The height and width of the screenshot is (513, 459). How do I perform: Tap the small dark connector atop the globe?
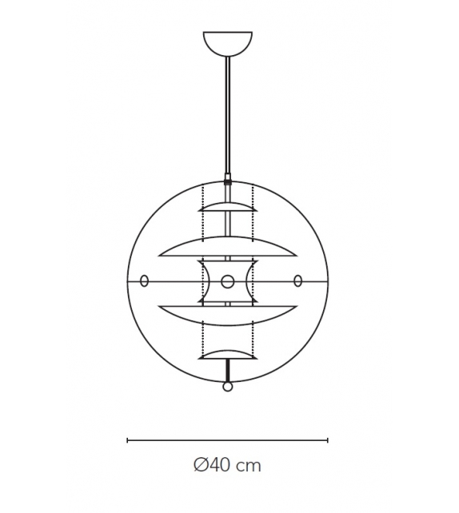click(228, 181)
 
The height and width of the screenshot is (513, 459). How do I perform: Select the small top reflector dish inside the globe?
click(228, 208)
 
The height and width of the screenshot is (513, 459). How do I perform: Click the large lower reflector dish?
click(228, 311)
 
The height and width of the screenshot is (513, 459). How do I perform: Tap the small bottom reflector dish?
click(228, 354)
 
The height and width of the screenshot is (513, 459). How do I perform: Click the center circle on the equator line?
click(228, 281)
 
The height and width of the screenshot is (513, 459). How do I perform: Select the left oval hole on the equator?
click(145, 280)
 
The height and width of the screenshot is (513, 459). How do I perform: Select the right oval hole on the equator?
click(297, 280)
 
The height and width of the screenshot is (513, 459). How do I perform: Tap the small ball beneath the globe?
click(228, 388)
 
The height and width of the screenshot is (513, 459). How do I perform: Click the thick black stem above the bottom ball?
click(228, 371)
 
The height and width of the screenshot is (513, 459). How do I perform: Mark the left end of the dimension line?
click(128, 439)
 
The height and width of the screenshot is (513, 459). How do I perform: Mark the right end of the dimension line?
click(328, 439)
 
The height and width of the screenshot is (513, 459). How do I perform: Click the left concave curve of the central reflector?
click(206, 281)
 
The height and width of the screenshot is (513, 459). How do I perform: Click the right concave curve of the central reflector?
click(250, 281)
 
